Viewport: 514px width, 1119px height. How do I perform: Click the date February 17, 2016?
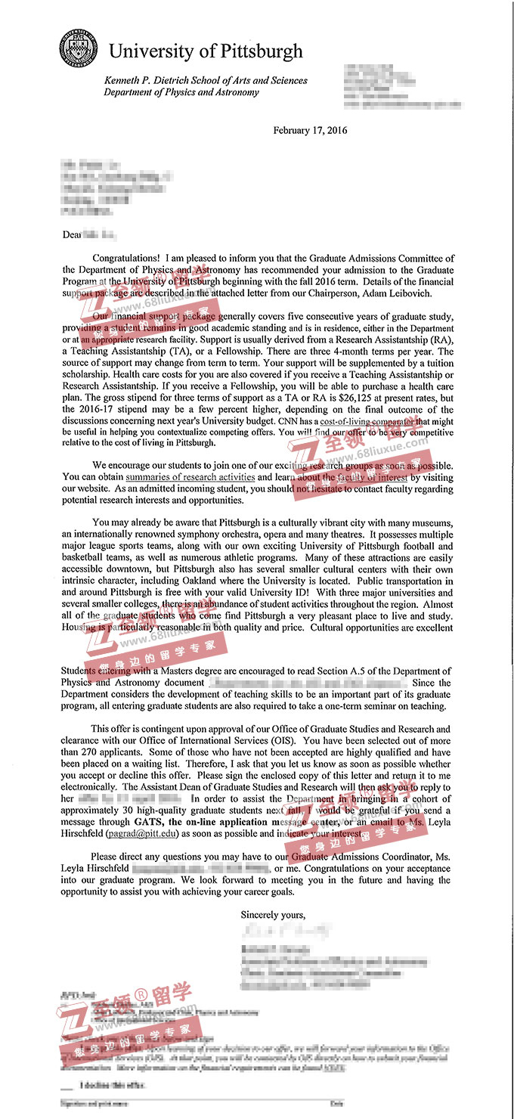click(310, 131)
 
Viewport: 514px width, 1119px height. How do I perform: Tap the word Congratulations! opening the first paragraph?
click(126, 259)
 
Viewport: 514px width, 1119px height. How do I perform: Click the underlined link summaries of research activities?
click(190, 478)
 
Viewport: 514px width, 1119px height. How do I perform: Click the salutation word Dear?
click(72, 234)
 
